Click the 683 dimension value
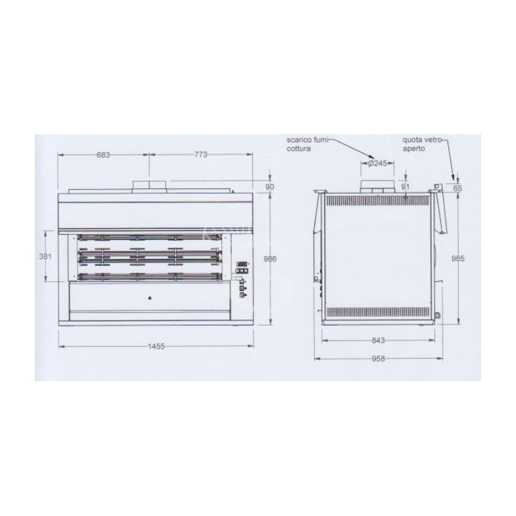[104, 155]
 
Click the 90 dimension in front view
[270, 187]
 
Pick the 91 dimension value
[405, 187]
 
